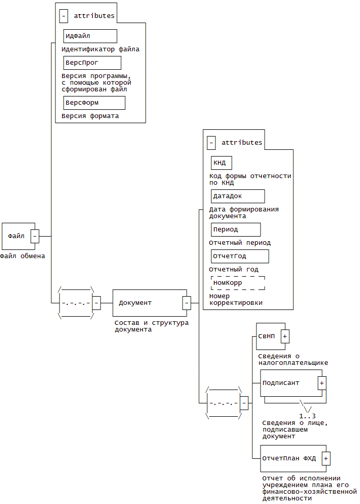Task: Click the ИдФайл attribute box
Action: click(90, 36)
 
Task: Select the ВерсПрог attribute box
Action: click(92, 63)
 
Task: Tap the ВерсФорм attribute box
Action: click(94, 103)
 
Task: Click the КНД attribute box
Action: click(222, 163)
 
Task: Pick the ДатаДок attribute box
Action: click(237, 196)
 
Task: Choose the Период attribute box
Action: click(235, 229)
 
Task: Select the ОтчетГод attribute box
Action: click(239, 256)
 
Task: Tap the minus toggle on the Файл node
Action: click(35, 236)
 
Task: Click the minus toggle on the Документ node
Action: click(187, 303)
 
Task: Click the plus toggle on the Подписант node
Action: click(322, 383)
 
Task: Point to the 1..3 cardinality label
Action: click(307, 416)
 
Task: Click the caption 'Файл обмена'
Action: click(23, 256)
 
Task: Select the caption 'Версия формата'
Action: click(90, 116)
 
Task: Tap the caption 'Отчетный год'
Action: click(233, 269)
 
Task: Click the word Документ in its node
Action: click(135, 303)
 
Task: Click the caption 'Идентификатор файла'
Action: click(100, 50)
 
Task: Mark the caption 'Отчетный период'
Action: click(239, 243)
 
